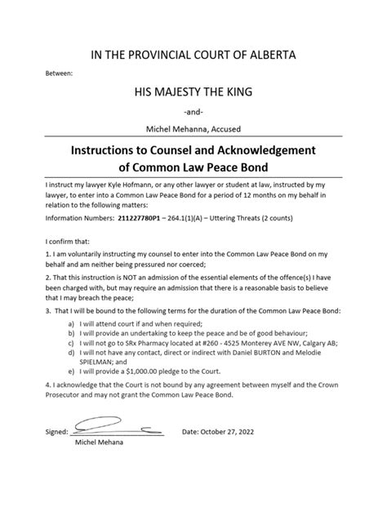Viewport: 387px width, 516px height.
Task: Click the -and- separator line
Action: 193,112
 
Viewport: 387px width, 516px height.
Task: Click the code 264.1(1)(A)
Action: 179,220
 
